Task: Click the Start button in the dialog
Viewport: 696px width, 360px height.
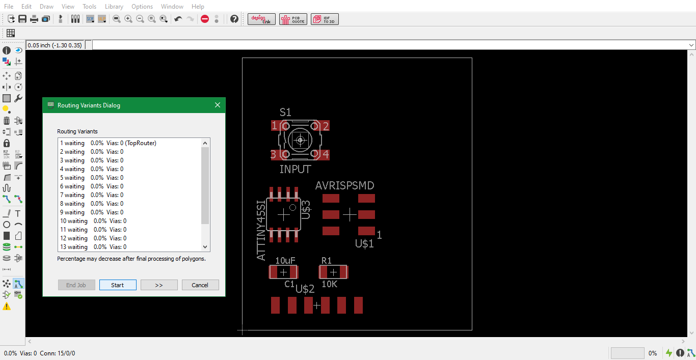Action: tap(118, 285)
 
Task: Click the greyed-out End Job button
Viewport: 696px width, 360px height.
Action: tap(76, 285)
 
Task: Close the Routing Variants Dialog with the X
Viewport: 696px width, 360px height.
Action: tap(218, 105)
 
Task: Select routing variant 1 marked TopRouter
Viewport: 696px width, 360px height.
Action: tap(108, 143)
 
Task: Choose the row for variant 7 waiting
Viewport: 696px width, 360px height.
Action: tap(92, 195)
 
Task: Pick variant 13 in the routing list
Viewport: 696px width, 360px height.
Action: tap(93, 246)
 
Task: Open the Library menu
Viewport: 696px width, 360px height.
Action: tap(114, 7)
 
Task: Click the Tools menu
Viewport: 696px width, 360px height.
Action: tap(90, 7)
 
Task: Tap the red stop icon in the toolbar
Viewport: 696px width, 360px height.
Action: tap(205, 19)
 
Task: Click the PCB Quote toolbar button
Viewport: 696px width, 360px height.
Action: tap(293, 19)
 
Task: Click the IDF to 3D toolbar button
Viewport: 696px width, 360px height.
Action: tap(325, 19)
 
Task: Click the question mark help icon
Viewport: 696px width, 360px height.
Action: tap(234, 19)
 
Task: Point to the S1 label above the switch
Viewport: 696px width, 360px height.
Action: tap(285, 112)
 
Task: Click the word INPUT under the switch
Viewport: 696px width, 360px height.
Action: tap(295, 169)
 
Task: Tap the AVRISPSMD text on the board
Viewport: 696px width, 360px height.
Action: tap(344, 186)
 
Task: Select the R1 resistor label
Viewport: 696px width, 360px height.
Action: tap(326, 260)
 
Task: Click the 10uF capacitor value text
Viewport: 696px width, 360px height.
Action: tap(285, 260)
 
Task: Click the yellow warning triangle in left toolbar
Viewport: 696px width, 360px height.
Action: tap(7, 307)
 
